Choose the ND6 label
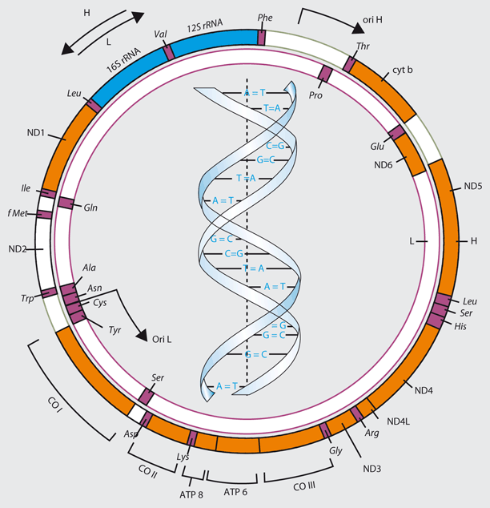[384, 165]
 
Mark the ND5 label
[473, 187]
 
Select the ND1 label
[33, 133]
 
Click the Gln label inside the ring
[90, 207]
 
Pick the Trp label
[29, 299]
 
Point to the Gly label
[335, 450]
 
